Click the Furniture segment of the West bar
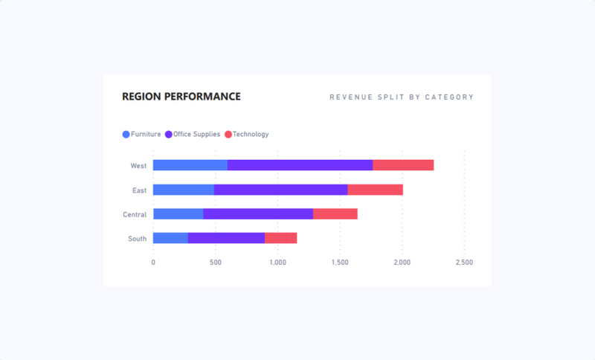click(190, 165)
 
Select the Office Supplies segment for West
click(300, 165)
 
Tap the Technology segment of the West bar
click(403, 165)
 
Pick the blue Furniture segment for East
click(183, 190)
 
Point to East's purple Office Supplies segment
click(280, 190)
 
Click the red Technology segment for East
click(375, 190)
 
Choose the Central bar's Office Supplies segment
click(257, 214)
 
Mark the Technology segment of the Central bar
click(335, 214)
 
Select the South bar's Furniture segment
click(170, 238)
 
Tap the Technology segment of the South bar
click(280, 238)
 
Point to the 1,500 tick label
click(340, 263)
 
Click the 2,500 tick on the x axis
click(464, 263)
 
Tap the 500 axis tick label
click(216, 263)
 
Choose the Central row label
click(135, 214)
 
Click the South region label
click(137, 239)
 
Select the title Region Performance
click(181, 97)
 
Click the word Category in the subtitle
click(449, 97)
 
